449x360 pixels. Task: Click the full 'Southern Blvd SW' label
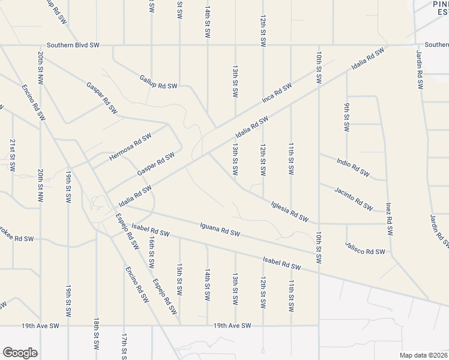pos(74,45)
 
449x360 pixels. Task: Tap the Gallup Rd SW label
pos(158,82)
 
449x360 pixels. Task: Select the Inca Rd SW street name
pos(276,92)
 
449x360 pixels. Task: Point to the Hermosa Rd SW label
pos(130,147)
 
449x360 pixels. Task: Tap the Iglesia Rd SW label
pos(289,211)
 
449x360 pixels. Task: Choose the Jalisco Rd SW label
pos(364,247)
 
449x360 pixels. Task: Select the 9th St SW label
pos(347,117)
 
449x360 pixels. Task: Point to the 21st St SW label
pos(13,155)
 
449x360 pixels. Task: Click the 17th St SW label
pos(124,346)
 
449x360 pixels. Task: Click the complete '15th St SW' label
pos(179,278)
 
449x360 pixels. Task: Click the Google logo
pos(20,353)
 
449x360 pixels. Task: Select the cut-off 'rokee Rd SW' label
pos(17,238)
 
